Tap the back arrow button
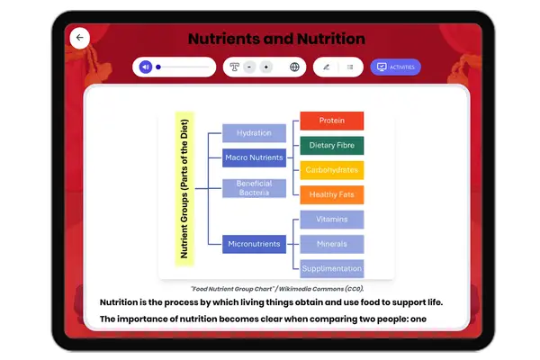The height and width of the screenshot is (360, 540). (x=80, y=38)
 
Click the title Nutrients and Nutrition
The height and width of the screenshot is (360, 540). (x=276, y=39)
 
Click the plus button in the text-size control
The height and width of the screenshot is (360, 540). (x=265, y=67)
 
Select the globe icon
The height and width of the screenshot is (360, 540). (x=294, y=67)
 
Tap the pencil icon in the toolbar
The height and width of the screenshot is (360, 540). (x=326, y=67)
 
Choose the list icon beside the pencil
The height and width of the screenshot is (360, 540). (x=350, y=67)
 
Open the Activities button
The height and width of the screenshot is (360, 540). (x=395, y=67)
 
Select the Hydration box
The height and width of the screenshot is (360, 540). (x=254, y=133)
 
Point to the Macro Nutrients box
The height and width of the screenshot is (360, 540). (x=254, y=157)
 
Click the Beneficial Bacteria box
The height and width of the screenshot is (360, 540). (x=254, y=188)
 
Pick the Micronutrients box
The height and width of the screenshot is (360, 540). (x=254, y=243)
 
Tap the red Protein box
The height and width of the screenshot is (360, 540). (x=331, y=121)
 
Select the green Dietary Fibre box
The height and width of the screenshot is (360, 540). (x=331, y=145)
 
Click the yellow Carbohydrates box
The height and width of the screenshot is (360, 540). (x=331, y=169)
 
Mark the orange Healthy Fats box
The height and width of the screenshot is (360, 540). (x=331, y=194)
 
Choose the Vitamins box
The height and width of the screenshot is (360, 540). (x=331, y=220)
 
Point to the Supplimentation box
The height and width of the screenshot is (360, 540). (x=331, y=268)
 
